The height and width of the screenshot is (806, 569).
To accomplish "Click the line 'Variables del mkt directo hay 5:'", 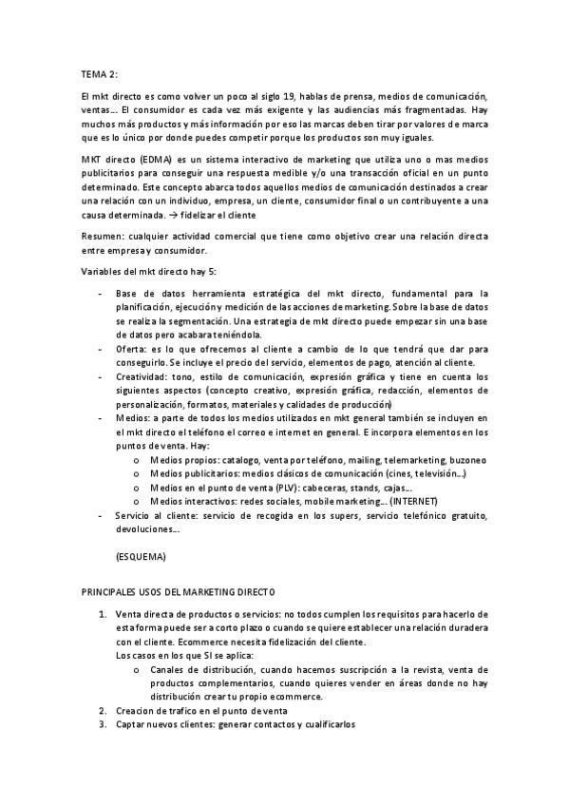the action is coord(146,273).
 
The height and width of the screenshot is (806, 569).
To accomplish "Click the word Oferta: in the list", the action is coord(132,349).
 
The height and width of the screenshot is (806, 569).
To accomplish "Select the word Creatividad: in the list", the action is coord(143,376).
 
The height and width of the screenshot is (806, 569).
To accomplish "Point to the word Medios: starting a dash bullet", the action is coord(133,417).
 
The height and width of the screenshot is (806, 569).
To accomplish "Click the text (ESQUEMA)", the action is coord(140,554).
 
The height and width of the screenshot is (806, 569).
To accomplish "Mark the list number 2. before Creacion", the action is coord(103,710).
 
